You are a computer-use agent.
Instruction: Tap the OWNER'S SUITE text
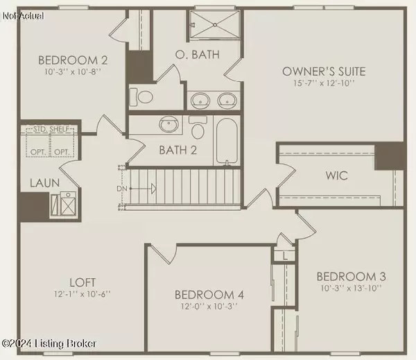coord(323,71)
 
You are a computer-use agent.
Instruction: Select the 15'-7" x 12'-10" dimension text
coord(323,84)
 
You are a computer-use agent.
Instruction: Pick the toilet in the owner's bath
coord(144,96)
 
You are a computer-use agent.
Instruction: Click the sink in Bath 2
coord(167,126)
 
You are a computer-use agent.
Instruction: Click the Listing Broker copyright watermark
coord(49,343)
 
